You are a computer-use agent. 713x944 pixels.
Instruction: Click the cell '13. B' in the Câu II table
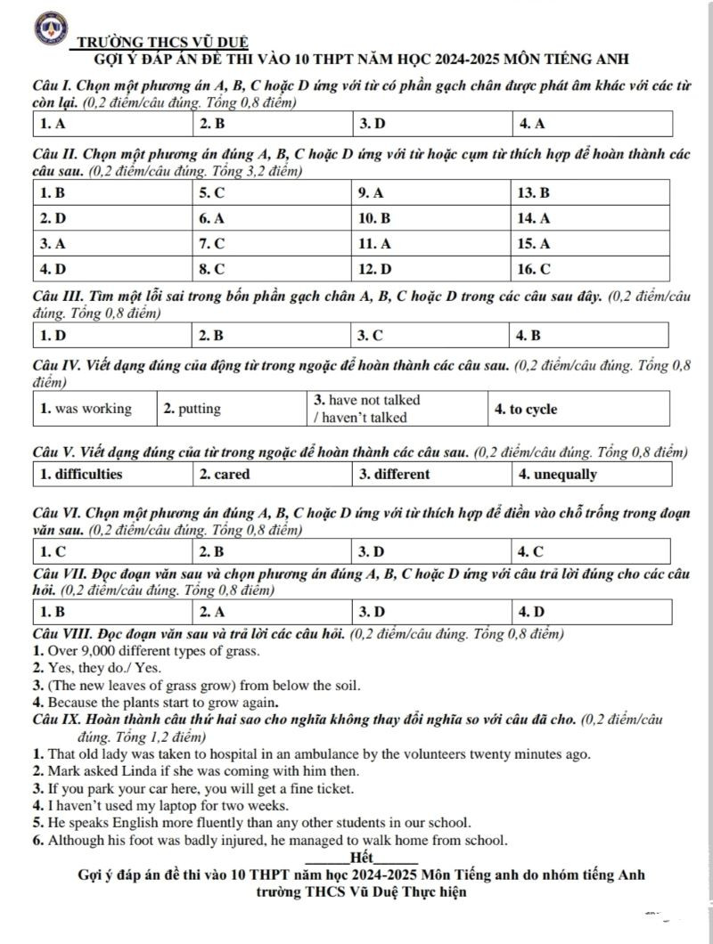tap(533, 191)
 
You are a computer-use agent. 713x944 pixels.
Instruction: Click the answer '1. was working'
tap(86, 409)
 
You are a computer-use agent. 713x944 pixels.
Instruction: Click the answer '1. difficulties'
tap(80, 474)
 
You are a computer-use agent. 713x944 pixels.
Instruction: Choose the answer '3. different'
tap(394, 474)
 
